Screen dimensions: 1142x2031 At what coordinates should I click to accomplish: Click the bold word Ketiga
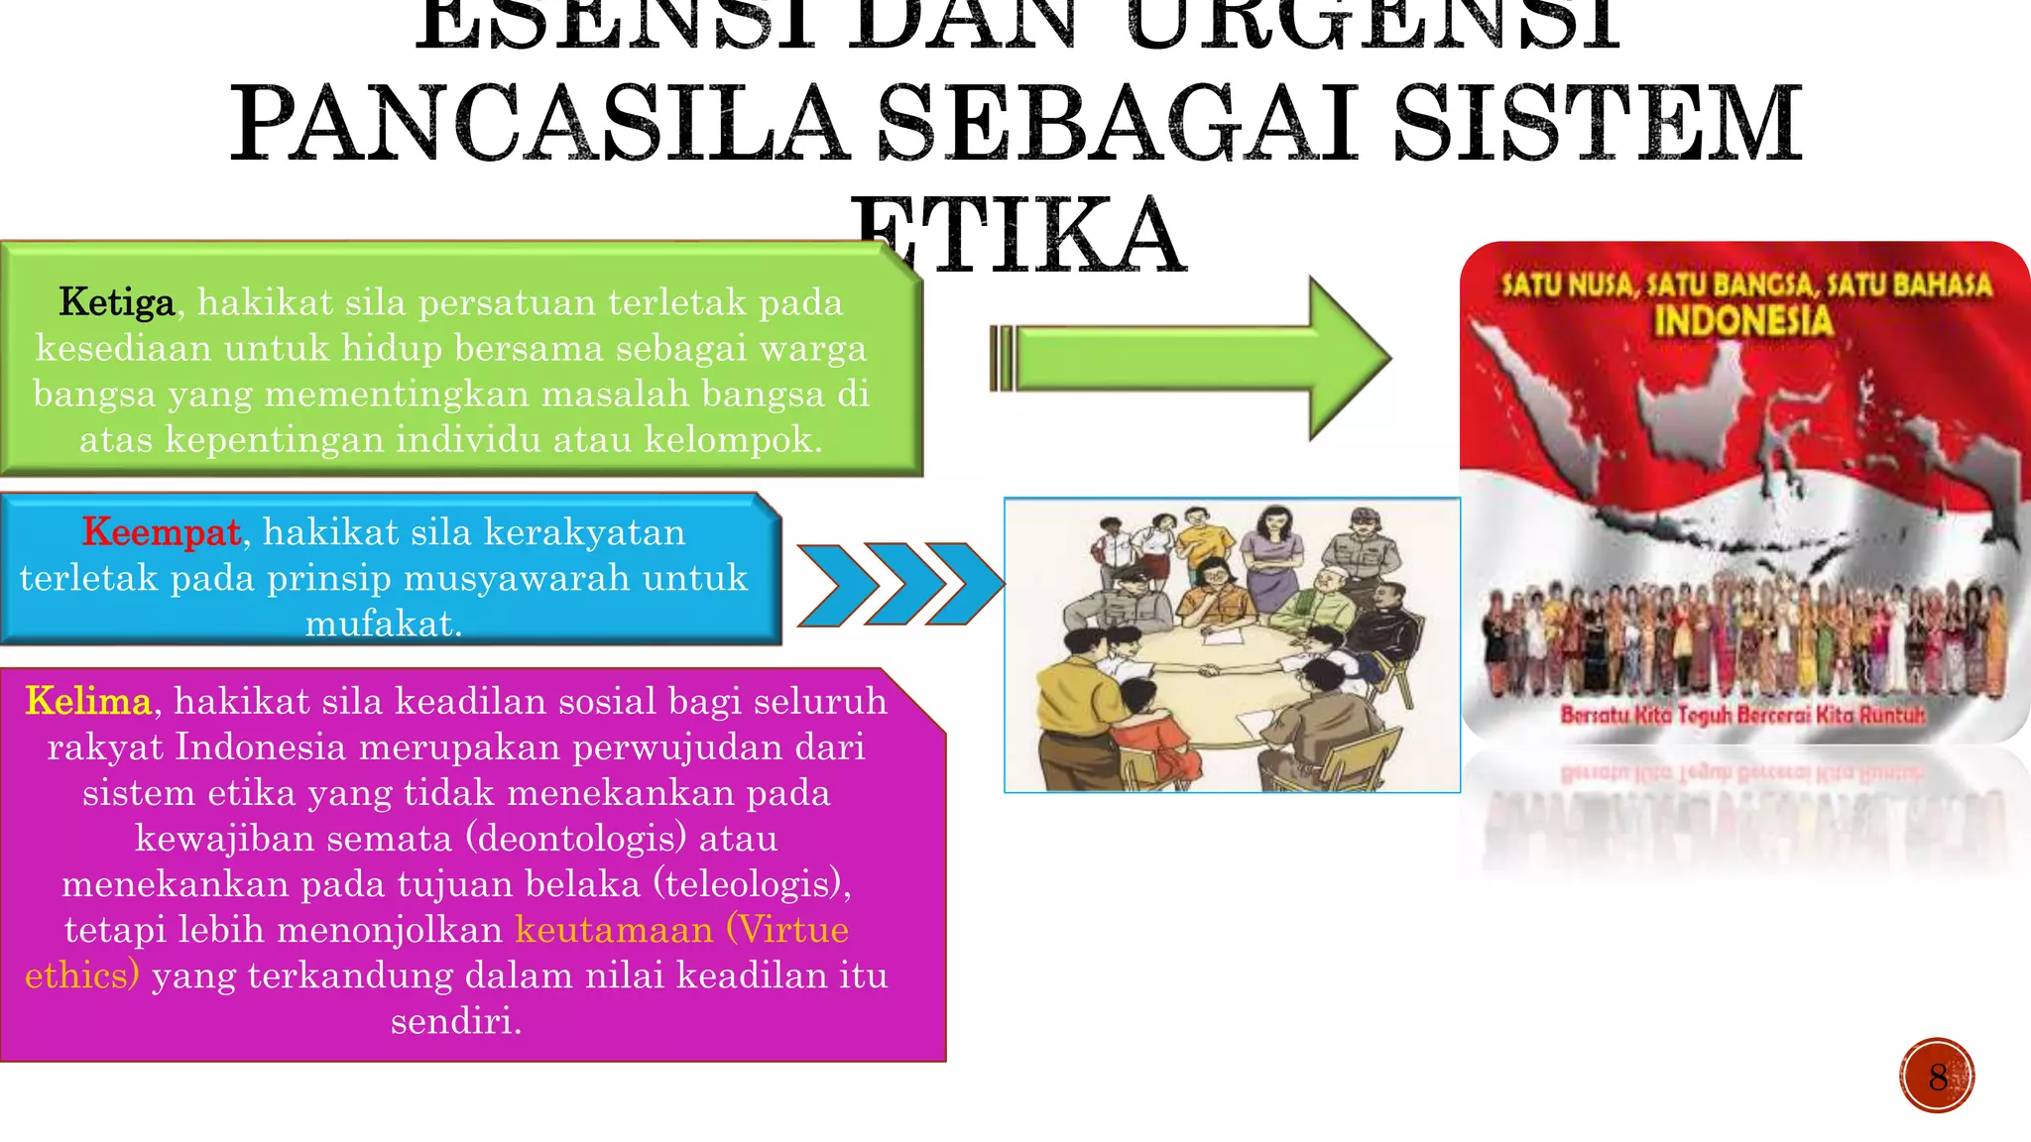(116, 302)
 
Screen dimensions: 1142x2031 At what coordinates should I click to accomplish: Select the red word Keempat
(162, 532)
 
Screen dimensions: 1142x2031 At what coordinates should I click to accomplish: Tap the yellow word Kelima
(88, 701)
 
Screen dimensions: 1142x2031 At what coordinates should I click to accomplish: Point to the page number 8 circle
(1937, 1076)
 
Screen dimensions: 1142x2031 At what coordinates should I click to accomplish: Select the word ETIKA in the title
(1017, 236)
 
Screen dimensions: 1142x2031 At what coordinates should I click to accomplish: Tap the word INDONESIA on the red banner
(1742, 321)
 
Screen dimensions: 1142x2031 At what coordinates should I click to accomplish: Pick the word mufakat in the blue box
(383, 624)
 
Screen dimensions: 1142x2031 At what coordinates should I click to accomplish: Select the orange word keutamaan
(614, 930)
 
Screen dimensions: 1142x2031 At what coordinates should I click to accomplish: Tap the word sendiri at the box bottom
(455, 1021)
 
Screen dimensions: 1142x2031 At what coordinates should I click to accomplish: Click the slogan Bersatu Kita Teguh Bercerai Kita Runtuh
(1742, 714)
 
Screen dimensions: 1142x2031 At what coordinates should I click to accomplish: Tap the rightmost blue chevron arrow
(965, 585)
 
